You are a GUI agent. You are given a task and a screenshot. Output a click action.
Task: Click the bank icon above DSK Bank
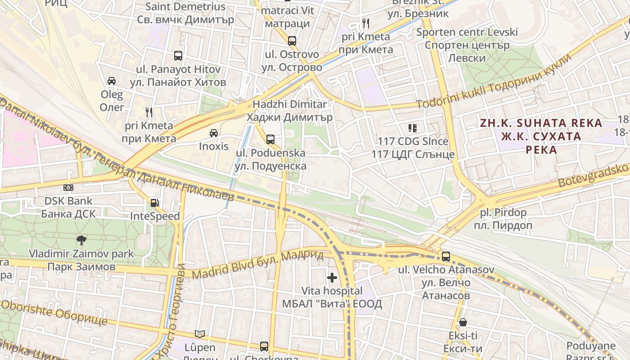click(68, 188)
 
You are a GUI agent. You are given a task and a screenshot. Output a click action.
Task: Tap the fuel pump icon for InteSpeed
click(154, 203)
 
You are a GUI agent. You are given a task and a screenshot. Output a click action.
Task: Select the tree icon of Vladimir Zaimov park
click(81, 240)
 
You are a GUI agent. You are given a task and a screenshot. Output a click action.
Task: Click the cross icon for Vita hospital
click(332, 278)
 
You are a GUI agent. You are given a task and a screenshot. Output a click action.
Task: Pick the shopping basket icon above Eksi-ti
click(463, 322)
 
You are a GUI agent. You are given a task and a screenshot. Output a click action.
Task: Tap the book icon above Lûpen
click(200, 334)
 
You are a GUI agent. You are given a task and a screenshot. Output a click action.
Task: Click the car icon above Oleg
click(112, 81)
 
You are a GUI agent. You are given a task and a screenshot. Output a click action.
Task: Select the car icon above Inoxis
click(214, 133)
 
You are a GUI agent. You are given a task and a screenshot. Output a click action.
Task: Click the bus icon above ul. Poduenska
click(270, 139)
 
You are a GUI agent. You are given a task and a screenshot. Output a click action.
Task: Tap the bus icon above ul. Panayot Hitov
click(178, 56)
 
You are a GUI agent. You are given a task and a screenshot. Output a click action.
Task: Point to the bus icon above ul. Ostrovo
click(292, 41)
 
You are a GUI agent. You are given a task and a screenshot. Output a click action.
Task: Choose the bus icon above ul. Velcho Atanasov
click(445, 256)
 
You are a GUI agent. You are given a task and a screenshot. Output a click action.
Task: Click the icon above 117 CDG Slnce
click(412, 128)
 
